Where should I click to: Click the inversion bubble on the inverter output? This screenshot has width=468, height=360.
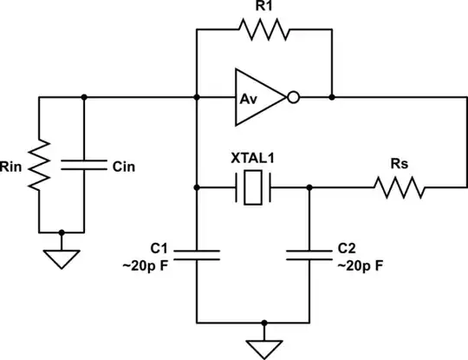click(295, 97)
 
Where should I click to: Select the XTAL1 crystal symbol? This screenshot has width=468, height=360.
click(253, 187)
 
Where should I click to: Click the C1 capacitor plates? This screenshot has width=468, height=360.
click(198, 254)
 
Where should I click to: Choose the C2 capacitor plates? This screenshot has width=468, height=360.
click(309, 254)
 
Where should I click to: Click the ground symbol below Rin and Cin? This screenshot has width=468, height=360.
click(62, 258)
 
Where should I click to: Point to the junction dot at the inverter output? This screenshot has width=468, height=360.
click(331, 97)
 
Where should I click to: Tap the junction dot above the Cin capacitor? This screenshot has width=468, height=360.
click(85, 97)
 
